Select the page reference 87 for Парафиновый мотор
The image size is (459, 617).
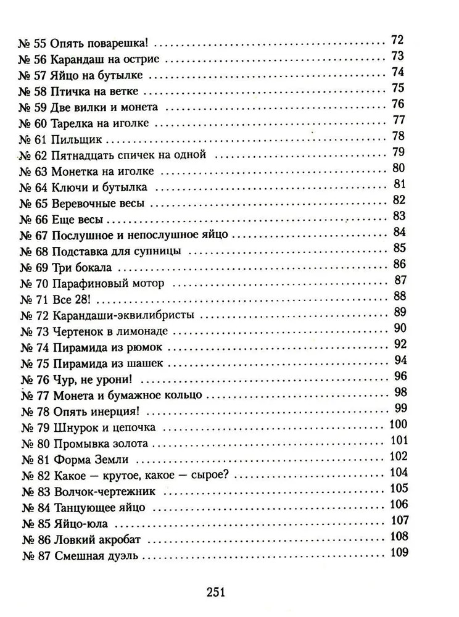click(397, 280)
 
